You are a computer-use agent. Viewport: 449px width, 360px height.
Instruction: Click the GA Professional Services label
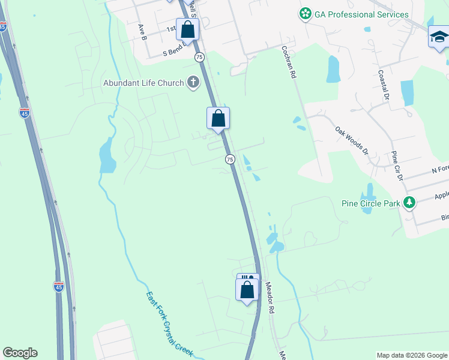click(361, 14)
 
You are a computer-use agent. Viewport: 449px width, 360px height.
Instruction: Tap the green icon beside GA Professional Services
click(306, 14)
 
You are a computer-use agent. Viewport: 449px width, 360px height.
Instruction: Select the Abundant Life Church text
click(143, 83)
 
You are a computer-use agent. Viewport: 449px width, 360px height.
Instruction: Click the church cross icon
click(193, 83)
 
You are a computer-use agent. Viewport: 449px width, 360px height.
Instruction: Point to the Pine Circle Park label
click(371, 203)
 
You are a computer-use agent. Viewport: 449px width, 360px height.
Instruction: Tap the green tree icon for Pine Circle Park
click(409, 203)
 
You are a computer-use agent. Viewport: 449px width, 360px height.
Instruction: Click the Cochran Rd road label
click(289, 63)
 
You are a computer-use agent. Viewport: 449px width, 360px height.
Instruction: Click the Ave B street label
click(142, 32)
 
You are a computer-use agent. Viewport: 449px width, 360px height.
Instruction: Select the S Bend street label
click(175, 53)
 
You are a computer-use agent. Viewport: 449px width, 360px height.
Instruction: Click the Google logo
click(20, 353)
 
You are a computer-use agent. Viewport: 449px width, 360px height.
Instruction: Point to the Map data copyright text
click(411, 355)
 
